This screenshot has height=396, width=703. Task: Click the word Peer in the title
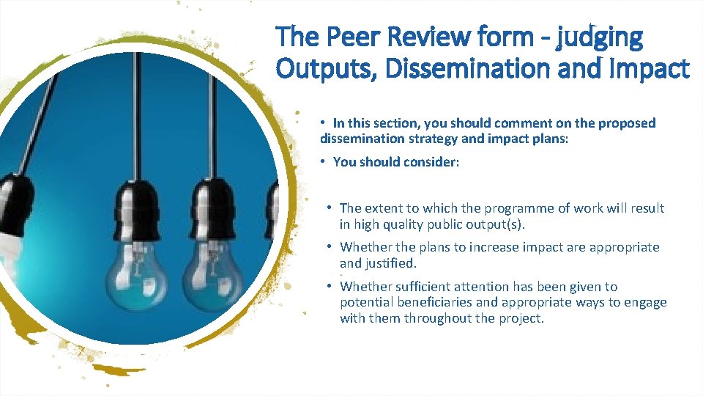pyautogui.click(x=349, y=37)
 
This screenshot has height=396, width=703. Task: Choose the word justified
pyautogui.click(x=390, y=263)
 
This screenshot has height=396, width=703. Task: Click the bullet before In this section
pyautogui.click(x=324, y=122)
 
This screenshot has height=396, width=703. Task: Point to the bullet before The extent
pyautogui.click(x=331, y=208)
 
